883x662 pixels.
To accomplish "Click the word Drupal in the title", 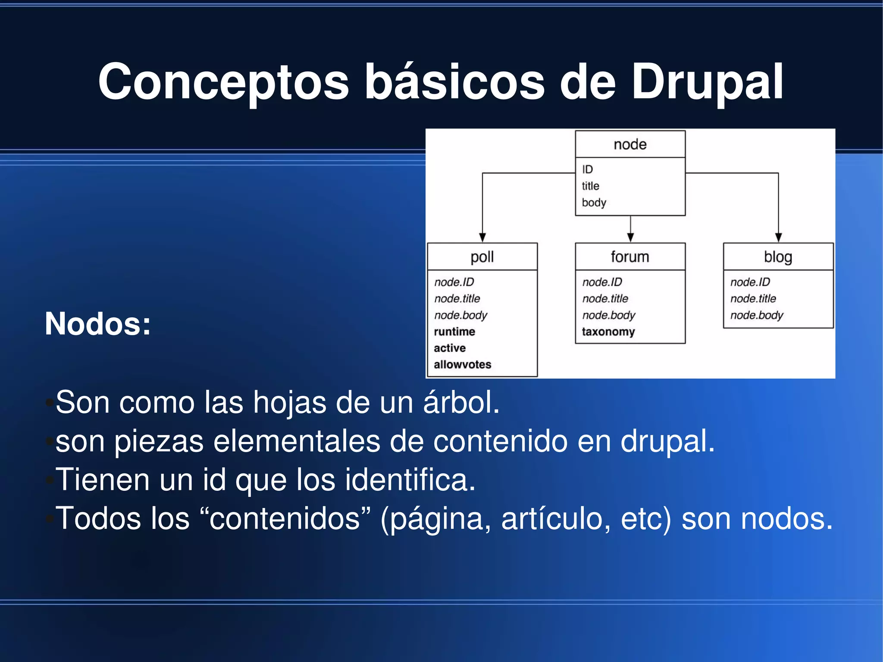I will [707, 82].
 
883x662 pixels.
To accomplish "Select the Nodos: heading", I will [98, 323].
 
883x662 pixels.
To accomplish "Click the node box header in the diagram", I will [630, 144].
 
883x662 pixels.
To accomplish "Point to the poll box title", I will [482, 257].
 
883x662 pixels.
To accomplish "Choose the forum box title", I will [630, 257].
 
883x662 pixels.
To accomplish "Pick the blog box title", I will [778, 257].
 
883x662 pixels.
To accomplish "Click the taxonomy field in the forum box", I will [608, 332].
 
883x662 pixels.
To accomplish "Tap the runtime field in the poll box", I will [454, 332].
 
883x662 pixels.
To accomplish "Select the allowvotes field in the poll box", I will [462, 365].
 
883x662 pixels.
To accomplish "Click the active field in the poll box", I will [450, 348].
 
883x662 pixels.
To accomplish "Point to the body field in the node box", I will [594, 203].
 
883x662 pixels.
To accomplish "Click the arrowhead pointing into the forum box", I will [630, 237].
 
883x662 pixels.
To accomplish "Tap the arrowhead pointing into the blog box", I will [778, 237].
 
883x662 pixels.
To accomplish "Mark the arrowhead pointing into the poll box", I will [482, 237].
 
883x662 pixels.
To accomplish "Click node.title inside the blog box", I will [753, 298].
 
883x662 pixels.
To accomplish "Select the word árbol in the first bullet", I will [461, 402].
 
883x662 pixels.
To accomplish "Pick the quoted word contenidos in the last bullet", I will [285, 518].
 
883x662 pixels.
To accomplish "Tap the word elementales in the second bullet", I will [297, 441].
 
